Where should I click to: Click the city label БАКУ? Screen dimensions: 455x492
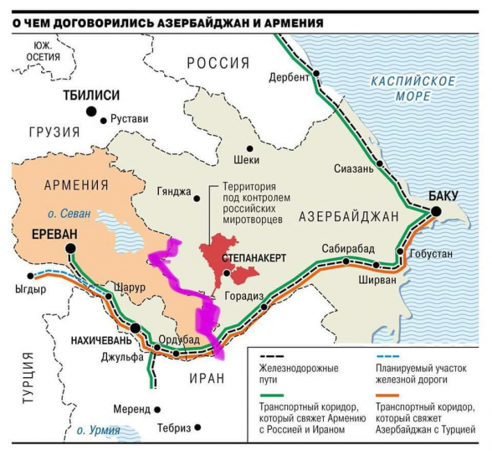[443, 195]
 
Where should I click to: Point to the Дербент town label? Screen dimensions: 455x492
[289, 77]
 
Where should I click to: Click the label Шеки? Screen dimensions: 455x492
[248, 159]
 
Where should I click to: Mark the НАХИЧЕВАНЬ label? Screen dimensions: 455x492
[95, 341]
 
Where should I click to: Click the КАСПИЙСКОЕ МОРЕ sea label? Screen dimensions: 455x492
[414, 89]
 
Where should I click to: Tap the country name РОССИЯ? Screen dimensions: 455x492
[218, 63]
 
